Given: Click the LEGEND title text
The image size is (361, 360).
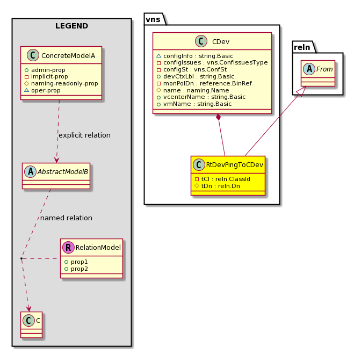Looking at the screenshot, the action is point(71,26).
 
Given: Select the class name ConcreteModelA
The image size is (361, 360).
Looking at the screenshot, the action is point(68,55).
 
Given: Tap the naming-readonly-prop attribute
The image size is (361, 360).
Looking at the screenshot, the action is point(64,83).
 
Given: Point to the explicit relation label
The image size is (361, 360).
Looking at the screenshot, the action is point(84,135).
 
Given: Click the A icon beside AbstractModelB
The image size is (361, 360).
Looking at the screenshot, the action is point(30,171).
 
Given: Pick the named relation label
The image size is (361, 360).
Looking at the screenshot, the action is point(66,218).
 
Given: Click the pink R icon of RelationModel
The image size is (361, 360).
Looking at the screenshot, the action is point(68,247).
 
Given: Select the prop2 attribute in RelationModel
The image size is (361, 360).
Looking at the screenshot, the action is point(79,269).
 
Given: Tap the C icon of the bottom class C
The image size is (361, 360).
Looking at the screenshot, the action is point(28,320).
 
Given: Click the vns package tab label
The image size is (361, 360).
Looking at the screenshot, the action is point(153,19).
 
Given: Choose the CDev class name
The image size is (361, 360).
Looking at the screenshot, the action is point(221,42).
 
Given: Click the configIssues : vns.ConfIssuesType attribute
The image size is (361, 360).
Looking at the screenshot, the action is point(215,63).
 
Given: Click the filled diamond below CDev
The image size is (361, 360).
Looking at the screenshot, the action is point(218,117).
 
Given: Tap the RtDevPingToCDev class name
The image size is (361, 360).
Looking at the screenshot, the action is point(234,164).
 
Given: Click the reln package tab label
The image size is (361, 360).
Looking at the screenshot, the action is point(302,47).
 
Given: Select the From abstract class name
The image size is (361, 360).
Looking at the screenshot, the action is point(324,69).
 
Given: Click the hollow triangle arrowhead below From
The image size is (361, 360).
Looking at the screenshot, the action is point(301,91).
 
